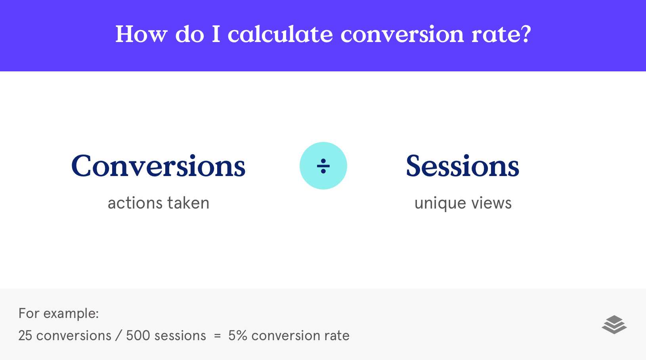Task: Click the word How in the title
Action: pyautogui.click(x=141, y=34)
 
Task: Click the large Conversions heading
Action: pyautogui.click(x=158, y=166)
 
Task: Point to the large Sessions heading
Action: pyautogui.click(x=463, y=166)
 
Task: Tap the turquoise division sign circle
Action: pyautogui.click(x=323, y=166)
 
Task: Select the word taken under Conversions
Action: pyautogui.click(x=189, y=203)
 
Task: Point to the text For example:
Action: pyautogui.click(x=59, y=314)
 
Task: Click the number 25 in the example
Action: pyautogui.click(x=25, y=336)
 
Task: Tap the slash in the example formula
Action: pyautogui.click(x=118, y=336)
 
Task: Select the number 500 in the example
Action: pyautogui.click(x=138, y=336)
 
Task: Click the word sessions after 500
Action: pyautogui.click(x=180, y=336)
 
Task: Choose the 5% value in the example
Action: pyautogui.click(x=237, y=336)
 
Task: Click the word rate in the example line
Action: pyautogui.click(x=337, y=336)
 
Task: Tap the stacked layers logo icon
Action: pyautogui.click(x=614, y=325)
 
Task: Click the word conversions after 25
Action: pyautogui.click(x=74, y=336)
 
